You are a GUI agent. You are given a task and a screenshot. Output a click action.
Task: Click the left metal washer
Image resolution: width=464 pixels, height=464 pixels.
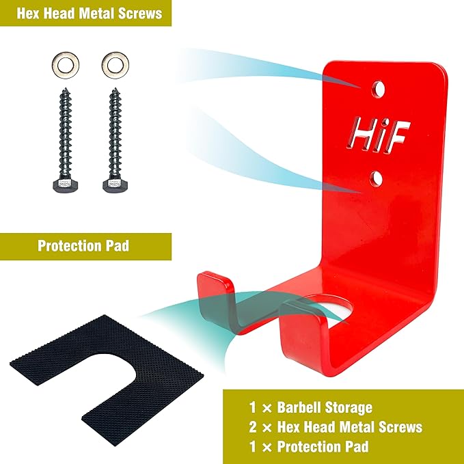coord(66,59)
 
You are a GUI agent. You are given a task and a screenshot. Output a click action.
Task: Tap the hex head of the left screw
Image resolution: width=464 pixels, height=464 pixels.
coord(65,185)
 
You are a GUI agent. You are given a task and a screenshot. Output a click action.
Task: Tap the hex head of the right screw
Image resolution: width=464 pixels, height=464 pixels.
coord(115,185)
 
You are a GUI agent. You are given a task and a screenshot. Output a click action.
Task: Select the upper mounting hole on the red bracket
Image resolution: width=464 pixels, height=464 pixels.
coord(377,89)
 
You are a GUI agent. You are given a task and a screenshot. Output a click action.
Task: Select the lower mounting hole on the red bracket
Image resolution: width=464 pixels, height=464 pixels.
coord(376,179)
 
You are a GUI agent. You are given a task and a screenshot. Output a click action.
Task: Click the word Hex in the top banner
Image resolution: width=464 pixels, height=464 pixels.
coord(28,14)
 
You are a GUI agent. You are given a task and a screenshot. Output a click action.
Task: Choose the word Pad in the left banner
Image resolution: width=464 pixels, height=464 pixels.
coord(119,245)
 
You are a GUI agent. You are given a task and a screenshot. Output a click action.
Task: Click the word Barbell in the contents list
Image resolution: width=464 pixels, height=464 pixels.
coord(299,407)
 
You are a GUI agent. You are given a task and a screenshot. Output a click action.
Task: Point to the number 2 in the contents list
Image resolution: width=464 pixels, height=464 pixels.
coord(252,427)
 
